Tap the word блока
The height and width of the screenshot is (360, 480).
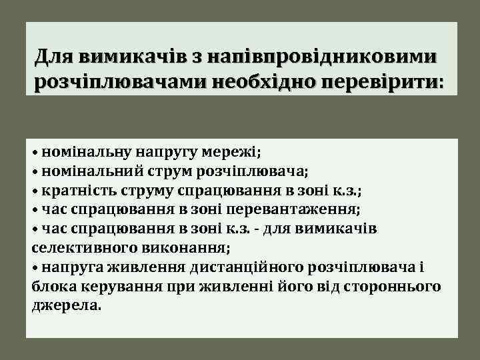[x=51, y=287]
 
